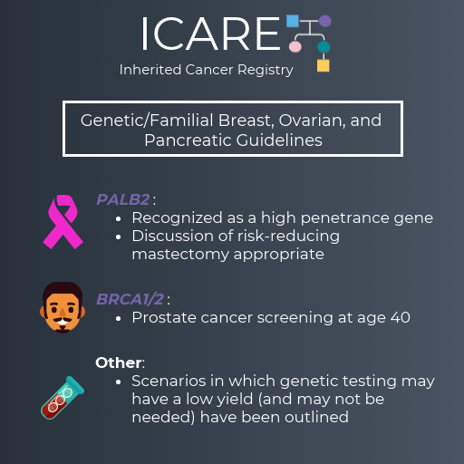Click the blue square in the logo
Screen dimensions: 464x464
pos(293,21)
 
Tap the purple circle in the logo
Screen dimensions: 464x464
pos(325,21)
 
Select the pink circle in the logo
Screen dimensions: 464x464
pos(295,47)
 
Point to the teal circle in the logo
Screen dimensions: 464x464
pos(324,47)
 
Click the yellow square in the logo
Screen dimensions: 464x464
pos(324,65)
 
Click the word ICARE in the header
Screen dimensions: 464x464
pos(210,34)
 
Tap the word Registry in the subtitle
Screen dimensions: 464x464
pos(266,70)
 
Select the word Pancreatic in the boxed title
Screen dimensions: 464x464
pos(188,140)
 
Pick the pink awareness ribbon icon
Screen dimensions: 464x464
pos(63,222)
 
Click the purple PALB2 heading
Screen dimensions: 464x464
pos(123,199)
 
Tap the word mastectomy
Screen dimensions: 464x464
pos(180,254)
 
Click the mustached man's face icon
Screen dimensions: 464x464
pos(63,307)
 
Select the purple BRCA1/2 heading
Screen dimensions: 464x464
pos(130,299)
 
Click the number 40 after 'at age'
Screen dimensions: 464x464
pos(401,317)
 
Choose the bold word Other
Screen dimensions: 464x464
pos(119,362)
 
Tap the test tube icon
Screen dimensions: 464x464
pos(63,398)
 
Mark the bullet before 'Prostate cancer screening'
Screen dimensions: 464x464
pos(119,318)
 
